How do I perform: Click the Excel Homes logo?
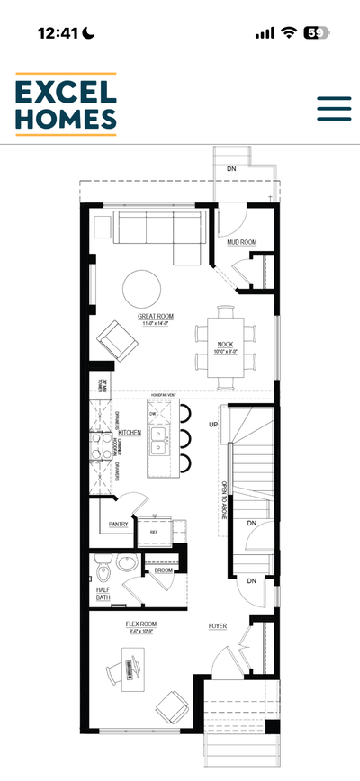click(x=66, y=104)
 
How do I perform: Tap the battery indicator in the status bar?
click(x=316, y=32)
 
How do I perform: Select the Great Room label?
click(x=156, y=317)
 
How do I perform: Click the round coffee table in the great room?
click(x=142, y=289)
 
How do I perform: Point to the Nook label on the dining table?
click(x=225, y=344)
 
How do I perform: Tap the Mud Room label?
click(x=241, y=242)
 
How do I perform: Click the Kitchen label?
click(x=130, y=433)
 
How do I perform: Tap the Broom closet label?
click(x=163, y=570)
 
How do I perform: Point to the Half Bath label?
click(x=104, y=594)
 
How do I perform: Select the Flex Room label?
click(x=141, y=623)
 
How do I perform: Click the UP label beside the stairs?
click(x=214, y=424)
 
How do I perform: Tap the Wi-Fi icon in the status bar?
click(x=289, y=32)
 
